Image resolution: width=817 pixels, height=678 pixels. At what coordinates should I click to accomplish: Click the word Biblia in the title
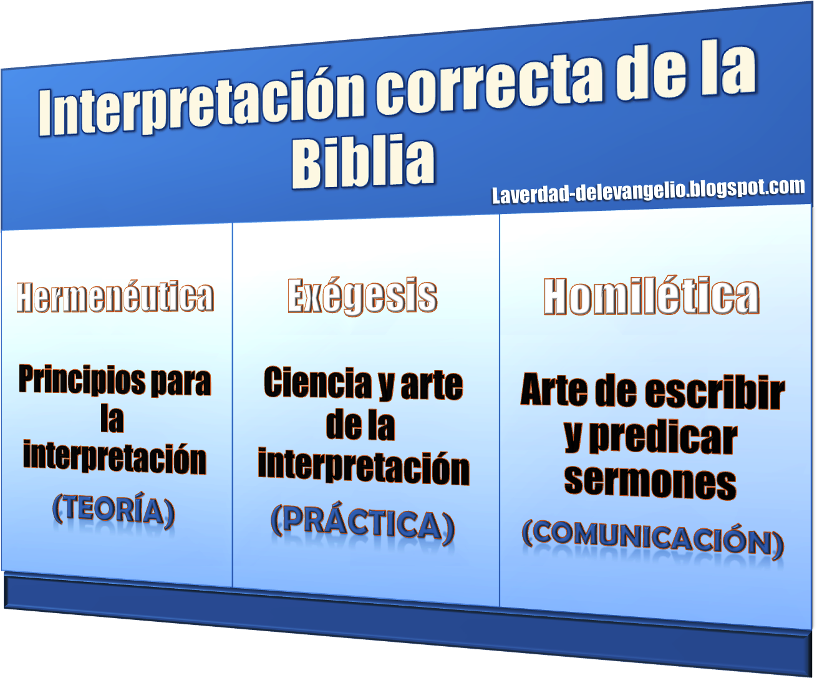click(x=363, y=162)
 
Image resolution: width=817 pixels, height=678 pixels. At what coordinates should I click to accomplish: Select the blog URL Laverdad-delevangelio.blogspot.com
click(x=648, y=191)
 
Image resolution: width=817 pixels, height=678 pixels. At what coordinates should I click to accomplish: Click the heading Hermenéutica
click(x=115, y=296)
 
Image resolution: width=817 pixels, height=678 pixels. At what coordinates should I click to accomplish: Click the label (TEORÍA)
click(x=114, y=510)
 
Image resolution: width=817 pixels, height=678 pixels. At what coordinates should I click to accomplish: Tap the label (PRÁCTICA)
click(x=362, y=524)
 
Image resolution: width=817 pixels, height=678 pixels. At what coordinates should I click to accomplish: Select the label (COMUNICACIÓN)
click(x=652, y=540)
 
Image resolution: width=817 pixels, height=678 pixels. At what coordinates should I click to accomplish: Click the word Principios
click(x=82, y=380)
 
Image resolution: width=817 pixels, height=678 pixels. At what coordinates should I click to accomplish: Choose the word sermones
click(x=650, y=482)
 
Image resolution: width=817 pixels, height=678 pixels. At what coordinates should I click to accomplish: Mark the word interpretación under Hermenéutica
click(x=115, y=457)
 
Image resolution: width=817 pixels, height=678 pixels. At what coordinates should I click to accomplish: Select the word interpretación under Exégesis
click(x=364, y=467)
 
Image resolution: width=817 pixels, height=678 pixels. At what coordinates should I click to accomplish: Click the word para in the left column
click(x=181, y=383)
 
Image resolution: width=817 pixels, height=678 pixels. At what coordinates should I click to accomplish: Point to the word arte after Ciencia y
click(x=432, y=386)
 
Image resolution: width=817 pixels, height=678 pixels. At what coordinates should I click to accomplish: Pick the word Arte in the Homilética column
click(x=554, y=389)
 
